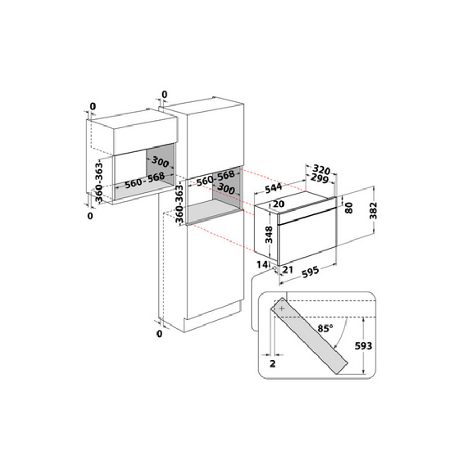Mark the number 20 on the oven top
278,204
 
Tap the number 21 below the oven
288,270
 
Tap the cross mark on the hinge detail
282,308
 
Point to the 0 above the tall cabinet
164,95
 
